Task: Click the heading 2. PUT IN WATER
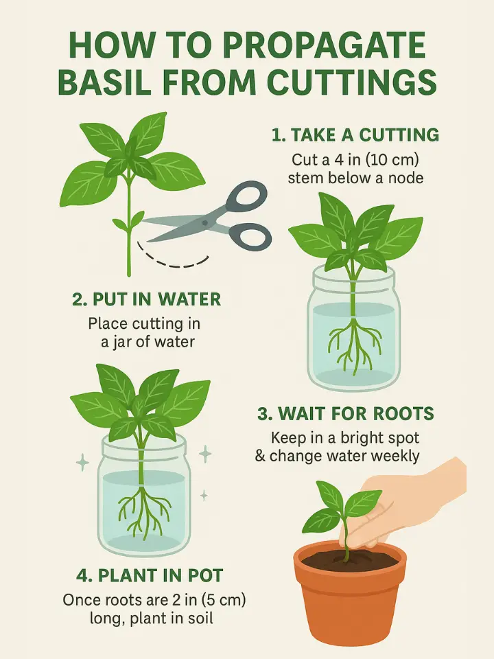(x=147, y=300)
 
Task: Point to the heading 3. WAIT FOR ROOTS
(x=346, y=414)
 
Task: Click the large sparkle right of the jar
(x=204, y=452)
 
